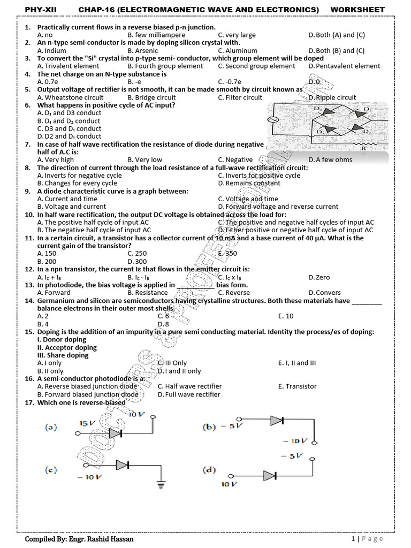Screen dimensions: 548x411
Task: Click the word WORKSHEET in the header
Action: point(357,10)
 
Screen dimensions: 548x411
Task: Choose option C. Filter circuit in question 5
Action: point(240,97)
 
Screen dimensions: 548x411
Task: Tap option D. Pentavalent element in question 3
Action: point(344,66)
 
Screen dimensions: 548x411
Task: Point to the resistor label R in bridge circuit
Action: point(363,149)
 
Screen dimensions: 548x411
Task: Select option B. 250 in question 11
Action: point(137,254)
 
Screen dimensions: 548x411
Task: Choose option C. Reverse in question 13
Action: point(234,293)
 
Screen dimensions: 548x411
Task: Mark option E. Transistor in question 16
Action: point(297,386)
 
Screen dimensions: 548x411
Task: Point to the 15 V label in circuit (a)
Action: point(87,423)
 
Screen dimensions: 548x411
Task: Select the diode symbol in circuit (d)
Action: point(271,476)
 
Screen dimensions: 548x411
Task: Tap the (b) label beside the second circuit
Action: point(209,427)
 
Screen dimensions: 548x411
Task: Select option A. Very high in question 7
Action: point(56,159)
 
